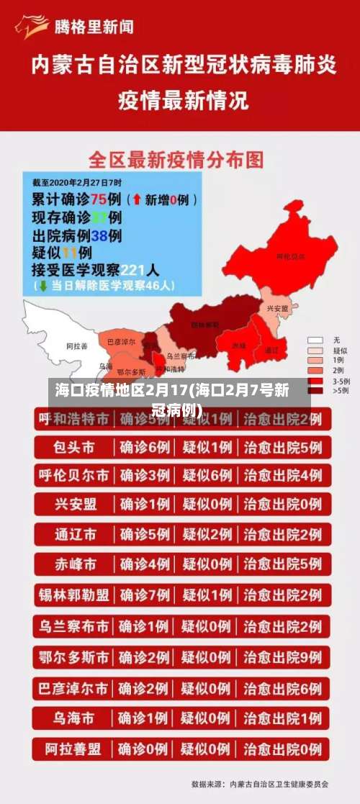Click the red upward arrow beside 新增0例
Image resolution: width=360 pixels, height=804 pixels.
tap(136, 199)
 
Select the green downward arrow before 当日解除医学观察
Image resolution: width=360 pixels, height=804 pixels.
tap(42, 285)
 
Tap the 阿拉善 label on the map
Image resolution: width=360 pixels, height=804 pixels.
tap(76, 346)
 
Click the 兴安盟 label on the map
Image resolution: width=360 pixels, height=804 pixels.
tap(276, 308)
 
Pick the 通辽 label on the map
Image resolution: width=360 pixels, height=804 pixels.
tap(271, 350)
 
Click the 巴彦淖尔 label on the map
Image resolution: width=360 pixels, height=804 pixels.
tap(120, 342)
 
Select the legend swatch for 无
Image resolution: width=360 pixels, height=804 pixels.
tap(315, 339)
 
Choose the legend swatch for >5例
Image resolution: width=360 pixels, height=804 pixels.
tap(315, 390)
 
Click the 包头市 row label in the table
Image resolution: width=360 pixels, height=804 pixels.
tap(74, 448)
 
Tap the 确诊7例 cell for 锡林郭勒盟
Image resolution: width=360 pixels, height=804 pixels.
tap(145, 595)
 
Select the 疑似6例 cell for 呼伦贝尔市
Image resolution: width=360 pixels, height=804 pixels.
tap(207, 476)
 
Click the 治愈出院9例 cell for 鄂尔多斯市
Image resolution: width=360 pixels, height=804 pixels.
tap(282, 657)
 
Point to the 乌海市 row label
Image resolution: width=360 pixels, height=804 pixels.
tap(74, 718)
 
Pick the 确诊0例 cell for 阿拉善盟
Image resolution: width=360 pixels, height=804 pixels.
tap(145, 749)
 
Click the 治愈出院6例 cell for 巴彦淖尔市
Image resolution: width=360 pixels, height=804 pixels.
tap(282, 688)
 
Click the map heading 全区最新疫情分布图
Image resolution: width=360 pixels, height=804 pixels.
tap(176, 159)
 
